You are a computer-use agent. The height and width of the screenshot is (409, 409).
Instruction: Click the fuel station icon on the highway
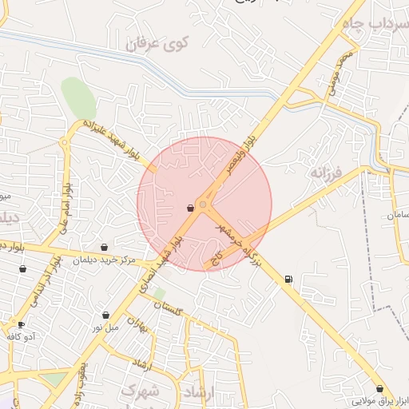click(x=288, y=279)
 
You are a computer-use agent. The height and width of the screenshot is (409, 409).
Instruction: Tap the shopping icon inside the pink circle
click(x=190, y=208)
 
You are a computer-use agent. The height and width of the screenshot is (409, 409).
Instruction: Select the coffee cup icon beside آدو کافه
click(x=21, y=324)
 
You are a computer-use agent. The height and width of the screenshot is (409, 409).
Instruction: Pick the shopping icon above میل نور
click(x=106, y=315)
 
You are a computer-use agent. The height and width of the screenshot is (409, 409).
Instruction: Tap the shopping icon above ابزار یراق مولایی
click(x=379, y=388)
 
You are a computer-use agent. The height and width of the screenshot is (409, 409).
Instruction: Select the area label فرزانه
click(x=327, y=173)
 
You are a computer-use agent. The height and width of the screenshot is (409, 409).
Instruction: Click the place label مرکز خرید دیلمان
click(x=105, y=260)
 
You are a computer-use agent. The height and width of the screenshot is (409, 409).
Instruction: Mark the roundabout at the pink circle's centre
click(x=204, y=205)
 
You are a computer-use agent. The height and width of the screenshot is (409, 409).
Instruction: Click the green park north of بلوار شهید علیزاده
click(x=78, y=98)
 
